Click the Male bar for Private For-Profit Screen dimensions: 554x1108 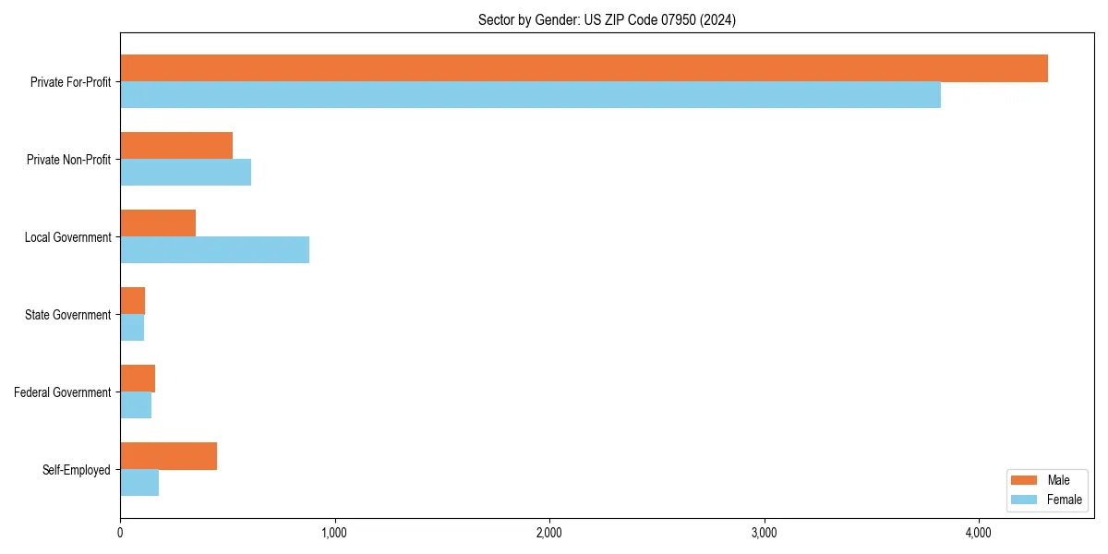584,68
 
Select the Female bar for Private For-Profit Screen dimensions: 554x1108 530,95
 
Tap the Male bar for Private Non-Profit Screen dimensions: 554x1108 176,146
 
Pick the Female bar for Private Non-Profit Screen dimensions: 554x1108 186,173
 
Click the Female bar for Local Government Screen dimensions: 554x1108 214,250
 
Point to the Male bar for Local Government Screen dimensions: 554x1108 158,223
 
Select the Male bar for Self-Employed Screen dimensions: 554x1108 168,456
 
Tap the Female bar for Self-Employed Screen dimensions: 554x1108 139,483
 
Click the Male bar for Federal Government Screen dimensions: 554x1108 138,379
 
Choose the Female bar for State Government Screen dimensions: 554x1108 132,328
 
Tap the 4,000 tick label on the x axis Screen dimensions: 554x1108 978,533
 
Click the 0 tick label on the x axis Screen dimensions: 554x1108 120,533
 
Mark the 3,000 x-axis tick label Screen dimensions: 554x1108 764,533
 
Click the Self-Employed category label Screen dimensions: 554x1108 77,470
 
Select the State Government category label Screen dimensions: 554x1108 68,315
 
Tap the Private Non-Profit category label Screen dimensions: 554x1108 68,160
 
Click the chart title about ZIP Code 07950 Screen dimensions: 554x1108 607,20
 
